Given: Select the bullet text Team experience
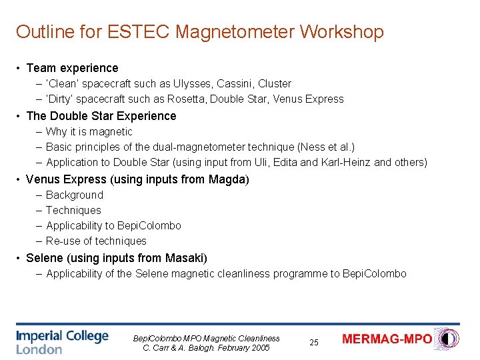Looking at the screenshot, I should tap(72, 68).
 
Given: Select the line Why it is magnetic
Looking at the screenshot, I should tap(89, 132).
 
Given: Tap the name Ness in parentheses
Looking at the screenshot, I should tap(311, 147).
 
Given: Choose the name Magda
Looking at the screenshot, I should tap(229, 179).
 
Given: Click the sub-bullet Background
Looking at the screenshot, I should tap(75, 195).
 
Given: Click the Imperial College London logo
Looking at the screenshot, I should tap(62, 341).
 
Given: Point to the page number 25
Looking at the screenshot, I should tap(314, 342).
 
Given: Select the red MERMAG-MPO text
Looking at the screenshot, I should tap(387, 339).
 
